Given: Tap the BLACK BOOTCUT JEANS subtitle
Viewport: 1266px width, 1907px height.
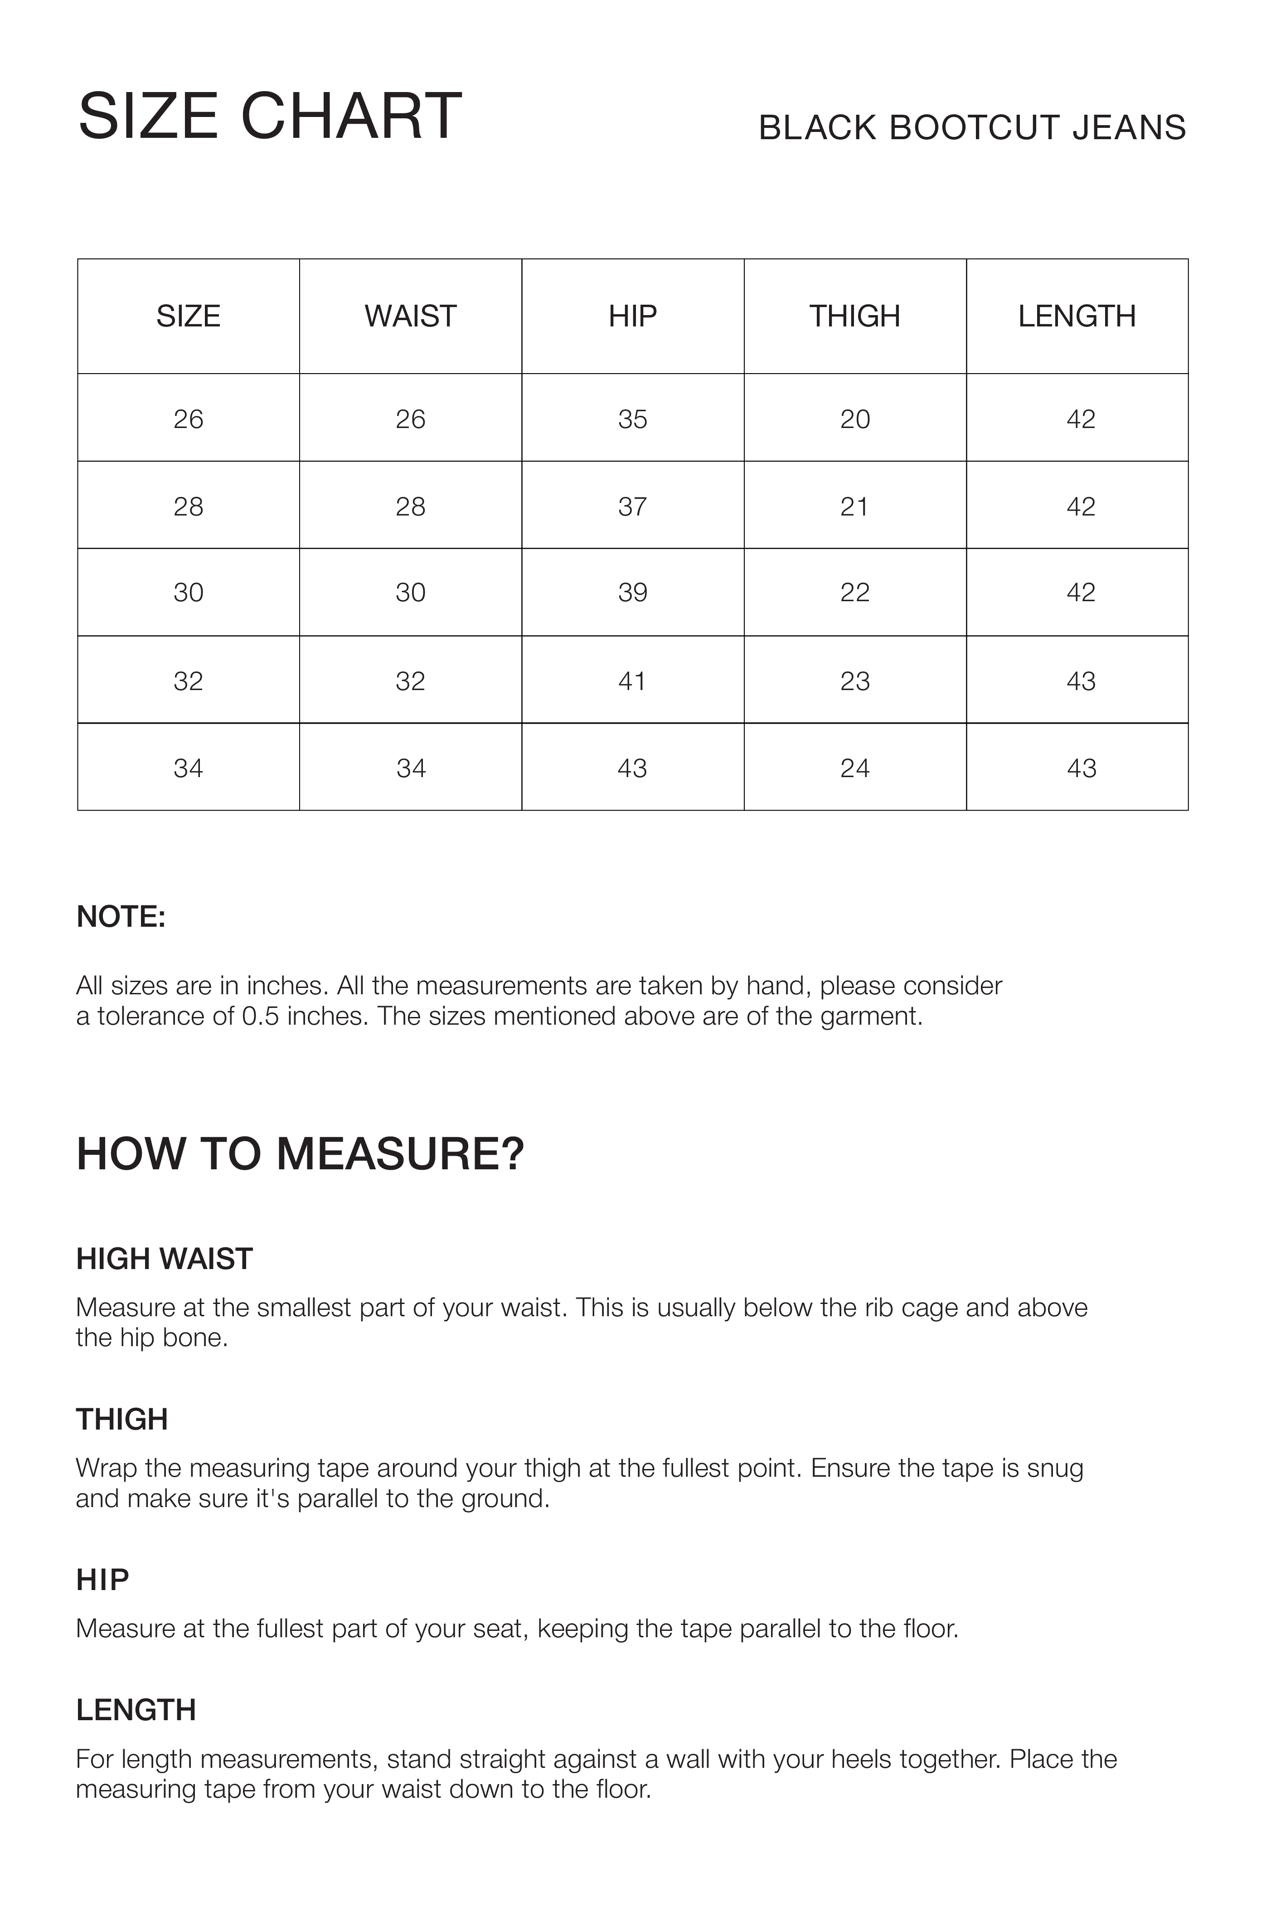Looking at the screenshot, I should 972,127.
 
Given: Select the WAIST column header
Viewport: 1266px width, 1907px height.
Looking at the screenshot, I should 410,316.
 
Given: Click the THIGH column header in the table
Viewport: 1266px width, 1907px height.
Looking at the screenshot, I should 854,316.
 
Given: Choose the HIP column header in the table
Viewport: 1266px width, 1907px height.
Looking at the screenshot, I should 632,316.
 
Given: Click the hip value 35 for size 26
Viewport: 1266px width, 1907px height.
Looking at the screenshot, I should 632,419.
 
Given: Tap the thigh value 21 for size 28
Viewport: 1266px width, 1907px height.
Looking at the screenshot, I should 854,506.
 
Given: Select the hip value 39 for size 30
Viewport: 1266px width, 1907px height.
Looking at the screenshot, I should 632,593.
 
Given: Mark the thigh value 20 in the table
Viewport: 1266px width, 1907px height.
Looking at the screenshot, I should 854,419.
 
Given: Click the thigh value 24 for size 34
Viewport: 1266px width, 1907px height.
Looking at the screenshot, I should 854,768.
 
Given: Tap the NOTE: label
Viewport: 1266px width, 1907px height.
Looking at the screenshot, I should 121,917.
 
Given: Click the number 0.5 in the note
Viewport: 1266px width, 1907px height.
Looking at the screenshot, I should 260,1016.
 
